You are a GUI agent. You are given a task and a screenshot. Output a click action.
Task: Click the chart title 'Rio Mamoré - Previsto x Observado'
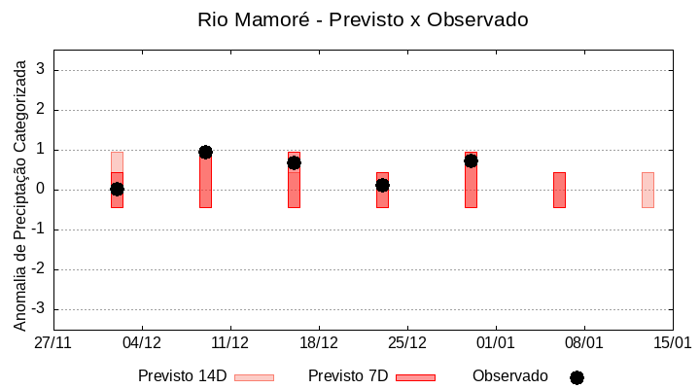[x=363, y=19]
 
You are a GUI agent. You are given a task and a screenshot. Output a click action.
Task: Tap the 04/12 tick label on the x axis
[x=142, y=343]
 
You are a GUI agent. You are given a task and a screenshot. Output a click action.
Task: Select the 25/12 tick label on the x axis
[x=407, y=343]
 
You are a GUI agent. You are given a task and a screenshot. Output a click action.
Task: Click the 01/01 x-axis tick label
[x=496, y=343]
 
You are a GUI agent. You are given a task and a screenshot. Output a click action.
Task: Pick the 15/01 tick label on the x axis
[x=672, y=343]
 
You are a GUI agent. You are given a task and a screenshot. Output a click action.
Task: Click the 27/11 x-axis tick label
[x=53, y=343]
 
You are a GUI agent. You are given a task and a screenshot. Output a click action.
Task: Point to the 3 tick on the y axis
[x=42, y=70]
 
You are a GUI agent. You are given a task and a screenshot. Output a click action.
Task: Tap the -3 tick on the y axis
[x=39, y=309]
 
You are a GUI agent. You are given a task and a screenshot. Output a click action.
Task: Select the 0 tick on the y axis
[x=42, y=190]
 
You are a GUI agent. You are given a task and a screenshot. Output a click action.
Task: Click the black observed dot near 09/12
[x=205, y=152]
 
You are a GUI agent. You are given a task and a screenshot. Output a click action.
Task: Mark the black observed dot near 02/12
[x=117, y=189]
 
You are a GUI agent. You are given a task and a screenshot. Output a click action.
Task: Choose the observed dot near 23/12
[x=382, y=185]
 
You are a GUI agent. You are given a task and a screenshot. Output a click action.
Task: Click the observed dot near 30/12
[x=471, y=160]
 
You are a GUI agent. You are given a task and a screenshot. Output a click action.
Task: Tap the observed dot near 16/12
[x=294, y=162]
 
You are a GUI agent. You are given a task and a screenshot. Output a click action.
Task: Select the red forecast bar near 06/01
[x=559, y=190]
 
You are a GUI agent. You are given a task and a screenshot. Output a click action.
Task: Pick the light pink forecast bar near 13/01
[x=647, y=190]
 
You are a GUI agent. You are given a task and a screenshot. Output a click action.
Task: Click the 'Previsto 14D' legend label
[x=182, y=376]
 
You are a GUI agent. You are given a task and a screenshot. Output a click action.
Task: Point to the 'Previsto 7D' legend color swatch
[x=415, y=377]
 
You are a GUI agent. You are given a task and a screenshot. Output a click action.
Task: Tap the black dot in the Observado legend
[x=577, y=377]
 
